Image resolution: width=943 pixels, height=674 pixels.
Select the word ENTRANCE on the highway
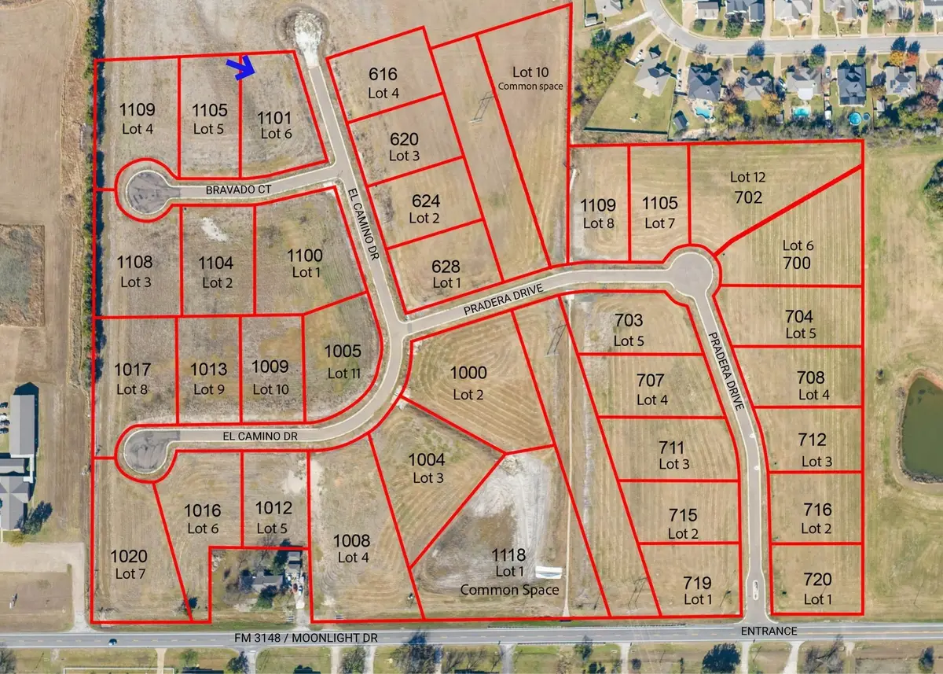coord(774,632)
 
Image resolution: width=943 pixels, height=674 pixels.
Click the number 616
coord(383,75)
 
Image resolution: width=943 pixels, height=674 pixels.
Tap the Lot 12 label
coord(747,177)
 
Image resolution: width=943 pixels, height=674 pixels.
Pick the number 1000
coord(468,374)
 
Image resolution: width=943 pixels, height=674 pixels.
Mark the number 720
coord(818,580)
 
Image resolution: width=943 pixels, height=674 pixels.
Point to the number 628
coord(446,267)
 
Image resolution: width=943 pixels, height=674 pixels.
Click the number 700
coord(796,263)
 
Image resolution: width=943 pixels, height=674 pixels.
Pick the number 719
coord(697,583)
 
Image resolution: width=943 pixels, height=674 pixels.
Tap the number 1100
coord(305,255)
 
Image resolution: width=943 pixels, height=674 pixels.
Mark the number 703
coord(629,321)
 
